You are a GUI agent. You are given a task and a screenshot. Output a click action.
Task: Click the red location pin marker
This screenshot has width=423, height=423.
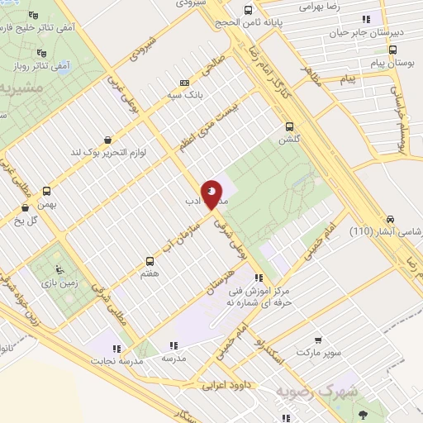coord(211,193)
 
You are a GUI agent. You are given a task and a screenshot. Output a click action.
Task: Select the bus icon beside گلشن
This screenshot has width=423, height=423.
coord(289,126)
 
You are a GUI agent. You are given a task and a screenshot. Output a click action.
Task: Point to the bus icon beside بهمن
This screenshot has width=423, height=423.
coord(46,190)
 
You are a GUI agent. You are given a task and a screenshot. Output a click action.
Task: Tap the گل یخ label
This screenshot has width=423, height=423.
coord(28,220)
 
